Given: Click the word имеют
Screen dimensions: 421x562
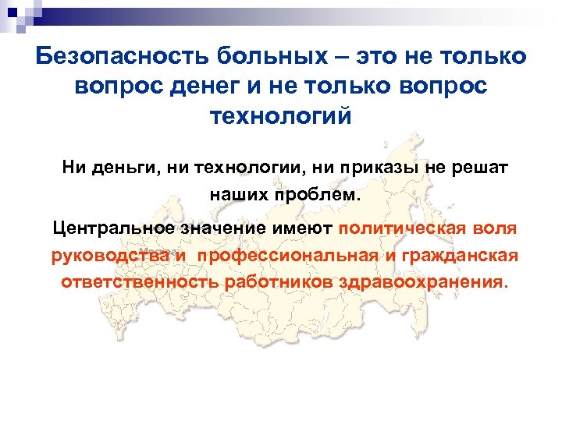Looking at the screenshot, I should [x=304, y=228].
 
